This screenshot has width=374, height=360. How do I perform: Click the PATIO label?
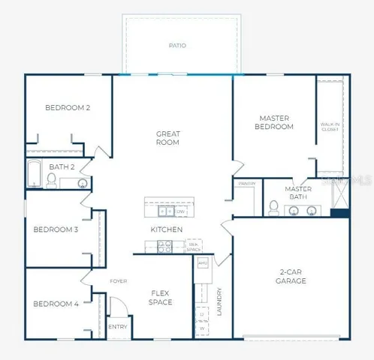(177, 46)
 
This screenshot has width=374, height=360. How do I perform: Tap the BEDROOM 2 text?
(68, 108)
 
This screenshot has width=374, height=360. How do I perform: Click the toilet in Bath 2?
(52, 180)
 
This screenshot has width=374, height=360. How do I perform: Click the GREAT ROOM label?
(167, 138)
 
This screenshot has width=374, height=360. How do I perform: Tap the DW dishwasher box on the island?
(181, 211)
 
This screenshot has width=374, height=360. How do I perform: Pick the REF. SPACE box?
(193, 245)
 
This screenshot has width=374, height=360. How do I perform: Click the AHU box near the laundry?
(202, 263)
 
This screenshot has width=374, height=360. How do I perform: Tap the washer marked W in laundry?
(202, 328)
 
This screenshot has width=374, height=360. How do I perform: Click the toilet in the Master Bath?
(274, 206)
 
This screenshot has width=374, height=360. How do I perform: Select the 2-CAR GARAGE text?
(291, 277)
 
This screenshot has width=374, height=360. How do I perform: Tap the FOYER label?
(119, 281)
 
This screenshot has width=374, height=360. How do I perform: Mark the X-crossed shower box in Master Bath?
(339, 196)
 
